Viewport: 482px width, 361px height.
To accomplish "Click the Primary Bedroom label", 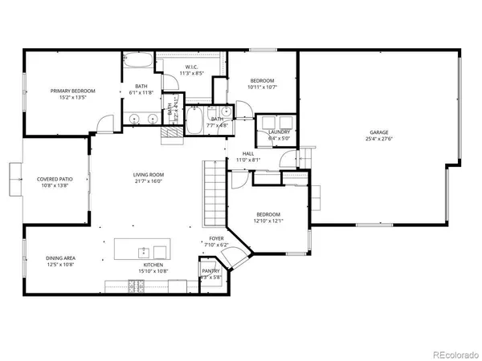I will [73, 91].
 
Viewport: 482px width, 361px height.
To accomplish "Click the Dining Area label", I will [61, 258].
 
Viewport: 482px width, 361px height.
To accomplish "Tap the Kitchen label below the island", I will [153, 264].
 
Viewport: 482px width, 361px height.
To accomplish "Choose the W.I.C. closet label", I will [191, 67].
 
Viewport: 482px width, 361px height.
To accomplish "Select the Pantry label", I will [210, 271].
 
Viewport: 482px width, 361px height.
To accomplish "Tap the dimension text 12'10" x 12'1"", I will [268, 221].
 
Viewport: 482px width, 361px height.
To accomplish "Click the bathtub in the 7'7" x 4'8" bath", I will [195, 123].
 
